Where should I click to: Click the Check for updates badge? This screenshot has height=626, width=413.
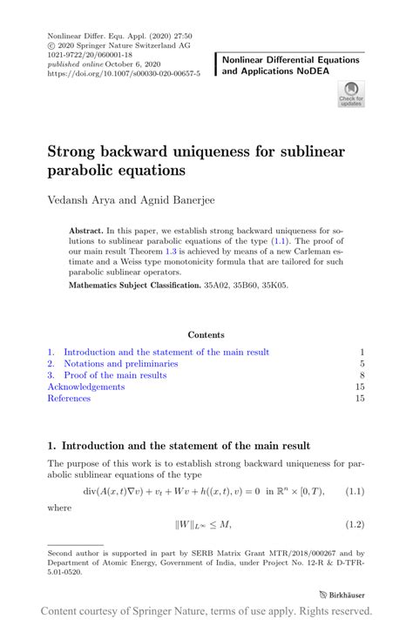(351, 93)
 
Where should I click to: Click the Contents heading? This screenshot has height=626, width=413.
(206, 334)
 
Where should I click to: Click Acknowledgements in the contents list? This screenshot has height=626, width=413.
(86, 387)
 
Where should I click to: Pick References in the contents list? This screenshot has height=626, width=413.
(69, 398)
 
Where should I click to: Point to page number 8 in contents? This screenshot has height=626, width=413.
(361, 375)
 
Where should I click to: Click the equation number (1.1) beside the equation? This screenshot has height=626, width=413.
(353, 491)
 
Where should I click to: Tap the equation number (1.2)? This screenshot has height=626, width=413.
(353, 524)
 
